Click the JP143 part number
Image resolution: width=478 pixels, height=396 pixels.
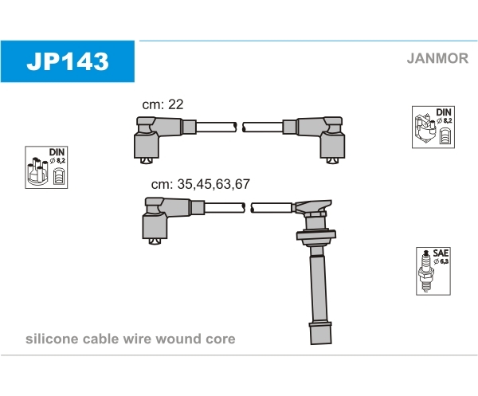pos(68,61)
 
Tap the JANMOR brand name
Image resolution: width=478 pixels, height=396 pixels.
pos(437,58)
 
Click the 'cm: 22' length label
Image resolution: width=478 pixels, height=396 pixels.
pos(163,104)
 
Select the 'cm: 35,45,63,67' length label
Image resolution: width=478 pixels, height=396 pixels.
pos(200,184)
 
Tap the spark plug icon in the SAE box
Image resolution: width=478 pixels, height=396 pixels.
pos(425,271)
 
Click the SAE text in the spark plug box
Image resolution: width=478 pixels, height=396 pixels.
pos(441,253)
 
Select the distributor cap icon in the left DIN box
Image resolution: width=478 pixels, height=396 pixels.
pos(37,171)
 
